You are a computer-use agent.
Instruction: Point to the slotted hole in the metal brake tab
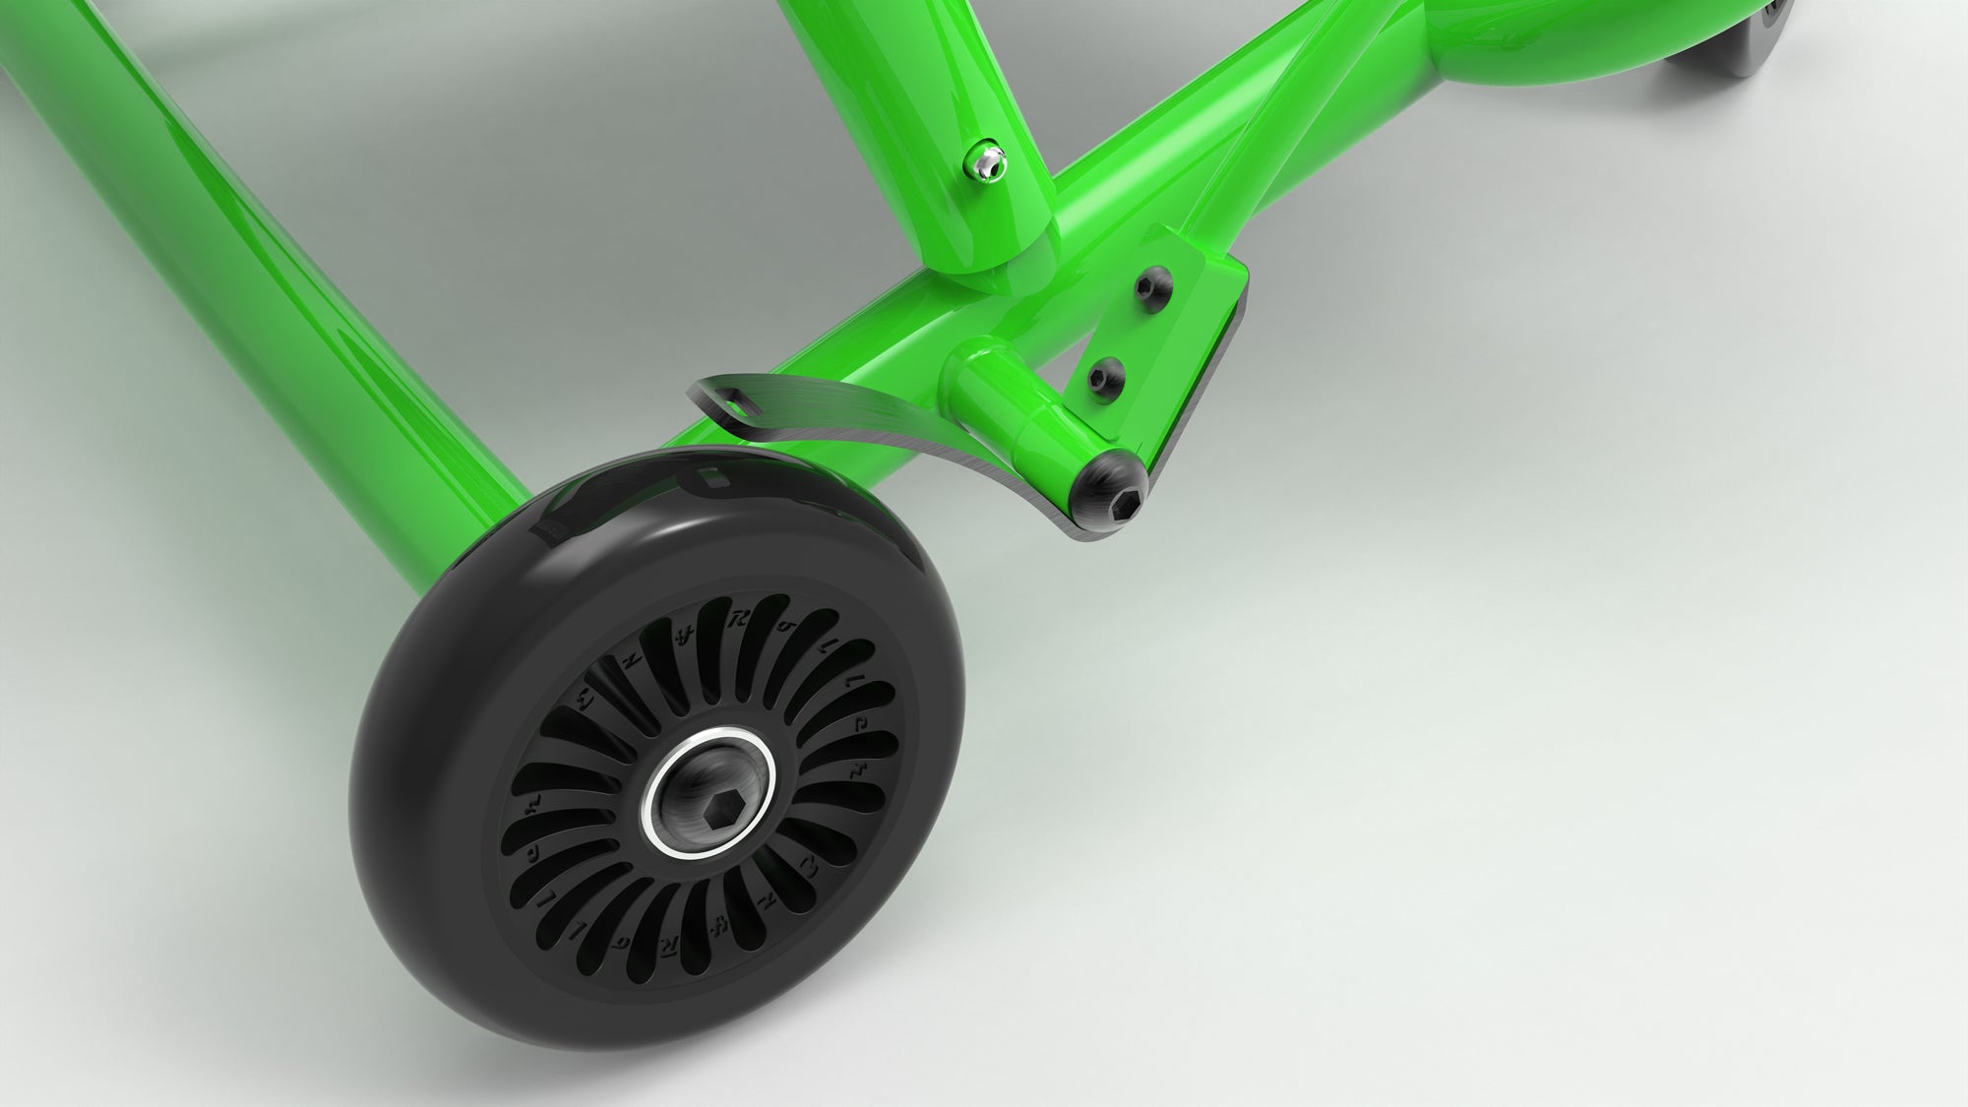[x=739, y=402]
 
